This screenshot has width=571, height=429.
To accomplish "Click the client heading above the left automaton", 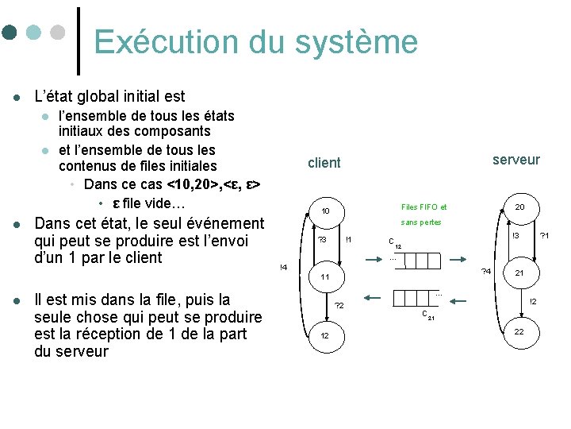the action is click(x=324, y=163).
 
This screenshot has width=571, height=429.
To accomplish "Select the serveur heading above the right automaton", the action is click(x=515, y=160).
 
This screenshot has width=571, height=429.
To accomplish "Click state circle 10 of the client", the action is click(x=326, y=211).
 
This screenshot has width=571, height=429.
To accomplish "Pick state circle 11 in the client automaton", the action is click(x=325, y=277).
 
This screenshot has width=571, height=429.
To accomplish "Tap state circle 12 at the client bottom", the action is click(x=325, y=336).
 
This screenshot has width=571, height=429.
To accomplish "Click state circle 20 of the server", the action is click(x=519, y=207).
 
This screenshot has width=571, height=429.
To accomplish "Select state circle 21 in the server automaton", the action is click(x=519, y=272).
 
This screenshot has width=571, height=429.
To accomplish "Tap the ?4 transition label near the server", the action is click(x=487, y=272).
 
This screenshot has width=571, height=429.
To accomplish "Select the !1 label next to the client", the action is click(x=349, y=239).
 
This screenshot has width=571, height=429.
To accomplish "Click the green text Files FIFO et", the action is click(x=423, y=207).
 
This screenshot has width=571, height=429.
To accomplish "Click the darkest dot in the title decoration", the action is click(x=10, y=33).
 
